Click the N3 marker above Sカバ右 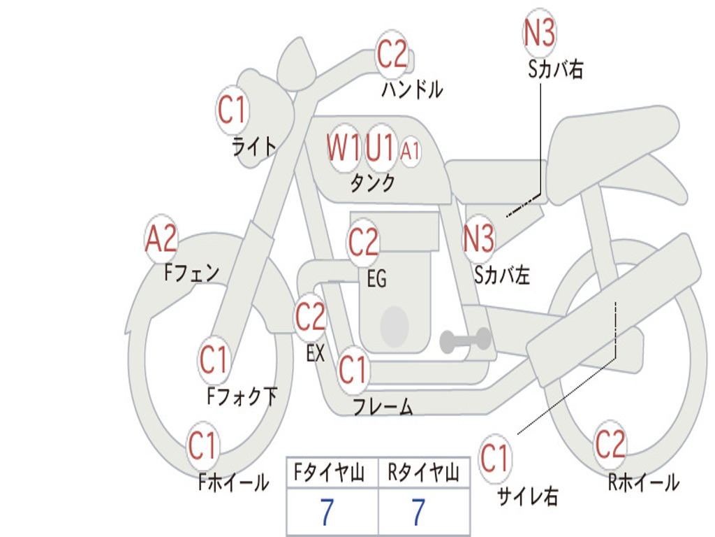pos(539,33)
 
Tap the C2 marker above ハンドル pos(392,54)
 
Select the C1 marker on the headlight pos(232,110)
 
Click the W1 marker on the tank pos(344,148)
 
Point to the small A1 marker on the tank pos(410,151)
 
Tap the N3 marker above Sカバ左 pos(478,238)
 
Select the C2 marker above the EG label pos(363,241)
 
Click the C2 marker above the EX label pos(311,317)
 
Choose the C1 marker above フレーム pos(353,369)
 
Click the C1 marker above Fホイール pos(202,445)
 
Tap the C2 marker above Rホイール pos(610,444)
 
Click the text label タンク pos(373,182)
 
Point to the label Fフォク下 pos(242,396)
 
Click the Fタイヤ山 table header pos(329,472)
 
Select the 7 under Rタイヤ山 pos(418,512)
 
